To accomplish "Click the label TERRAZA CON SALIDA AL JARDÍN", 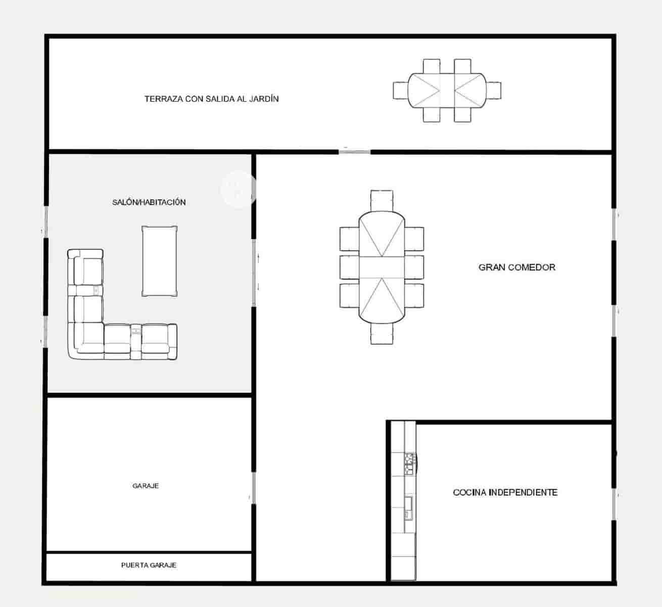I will coord(211,99).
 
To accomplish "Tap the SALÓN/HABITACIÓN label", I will coord(149,202).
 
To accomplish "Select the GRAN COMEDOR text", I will coord(516,267).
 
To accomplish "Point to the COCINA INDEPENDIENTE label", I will coord(505,492).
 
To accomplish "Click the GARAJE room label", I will coord(146,486).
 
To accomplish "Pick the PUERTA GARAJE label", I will coord(149,565).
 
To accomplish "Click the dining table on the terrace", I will coord(447,91).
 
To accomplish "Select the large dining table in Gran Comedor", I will coord(382,267).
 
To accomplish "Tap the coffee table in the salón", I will coord(160,261).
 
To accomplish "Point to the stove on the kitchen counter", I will coord(410,463).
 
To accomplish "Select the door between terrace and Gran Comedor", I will coord(354,151).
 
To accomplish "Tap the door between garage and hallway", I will coord(253,488).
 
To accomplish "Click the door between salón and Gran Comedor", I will coord(254,272).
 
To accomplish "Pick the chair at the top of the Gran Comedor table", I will coord(382,200).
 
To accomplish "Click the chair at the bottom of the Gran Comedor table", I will coord(382,334).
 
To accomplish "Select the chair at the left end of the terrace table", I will coord(400,91).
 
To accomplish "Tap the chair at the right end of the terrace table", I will coord(494,91).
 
